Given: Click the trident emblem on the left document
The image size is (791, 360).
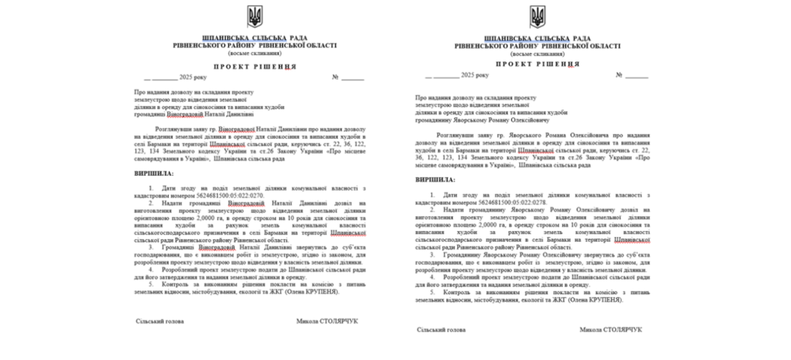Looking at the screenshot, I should (255, 16).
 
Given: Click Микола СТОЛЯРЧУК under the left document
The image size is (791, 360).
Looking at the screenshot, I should (327, 321).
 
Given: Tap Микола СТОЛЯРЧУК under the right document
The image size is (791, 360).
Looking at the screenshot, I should (610, 329).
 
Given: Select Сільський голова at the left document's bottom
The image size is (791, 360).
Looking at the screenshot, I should (160, 321).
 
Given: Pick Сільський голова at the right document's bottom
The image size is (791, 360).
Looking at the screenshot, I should (441, 329).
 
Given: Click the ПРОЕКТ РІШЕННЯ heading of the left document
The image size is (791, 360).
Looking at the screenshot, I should (255, 66).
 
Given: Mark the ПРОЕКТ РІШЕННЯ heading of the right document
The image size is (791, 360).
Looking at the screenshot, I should (538, 64).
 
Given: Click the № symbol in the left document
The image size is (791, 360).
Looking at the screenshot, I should (335, 78).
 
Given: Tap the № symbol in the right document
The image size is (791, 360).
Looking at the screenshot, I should (619, 75).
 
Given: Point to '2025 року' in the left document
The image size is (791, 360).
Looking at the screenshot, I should (192, 78).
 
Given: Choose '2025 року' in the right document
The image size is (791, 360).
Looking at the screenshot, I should (475, 75).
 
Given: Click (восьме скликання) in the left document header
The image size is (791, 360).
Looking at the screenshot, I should (255, 54).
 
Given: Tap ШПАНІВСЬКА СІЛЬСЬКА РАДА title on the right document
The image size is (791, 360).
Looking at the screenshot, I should (538, 38).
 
